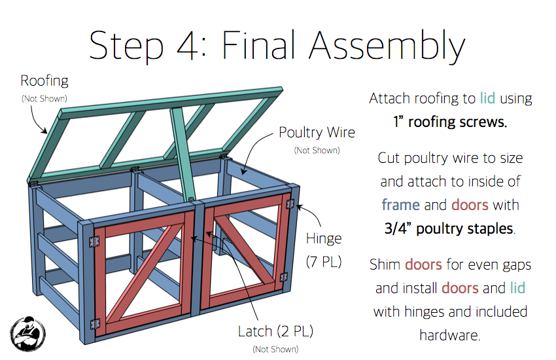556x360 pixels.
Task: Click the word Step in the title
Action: click(x=126, y=46)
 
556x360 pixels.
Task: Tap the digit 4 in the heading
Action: click(x=187, y=46)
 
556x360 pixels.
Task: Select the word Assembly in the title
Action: click(x=387, y=46)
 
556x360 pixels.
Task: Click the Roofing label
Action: click(x=44, y=81)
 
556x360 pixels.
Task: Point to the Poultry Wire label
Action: click(x=317, y=132)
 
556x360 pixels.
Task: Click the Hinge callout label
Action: click(x=324, y=238)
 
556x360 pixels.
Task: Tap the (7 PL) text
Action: click(x=324, y=262)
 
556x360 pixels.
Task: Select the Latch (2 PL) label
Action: click(x=275, y=331)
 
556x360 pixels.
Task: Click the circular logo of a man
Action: click(x=27, y=334)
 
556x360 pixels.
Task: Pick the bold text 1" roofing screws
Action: click(x=450, y=122)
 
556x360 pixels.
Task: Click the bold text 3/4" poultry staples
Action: click(x=449, y=229)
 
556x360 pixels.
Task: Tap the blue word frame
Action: click(x=401, y=205)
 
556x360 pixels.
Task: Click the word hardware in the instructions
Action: click(x=449, y=335)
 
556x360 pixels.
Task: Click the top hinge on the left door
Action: click(x=94, y=242)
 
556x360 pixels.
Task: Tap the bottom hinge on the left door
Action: click(x=95, y=324)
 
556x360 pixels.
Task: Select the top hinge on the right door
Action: click(x=290, y=204)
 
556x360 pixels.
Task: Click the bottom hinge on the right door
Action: click(x=284, y=277)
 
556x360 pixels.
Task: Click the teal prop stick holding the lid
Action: click(x=182, y=154)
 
